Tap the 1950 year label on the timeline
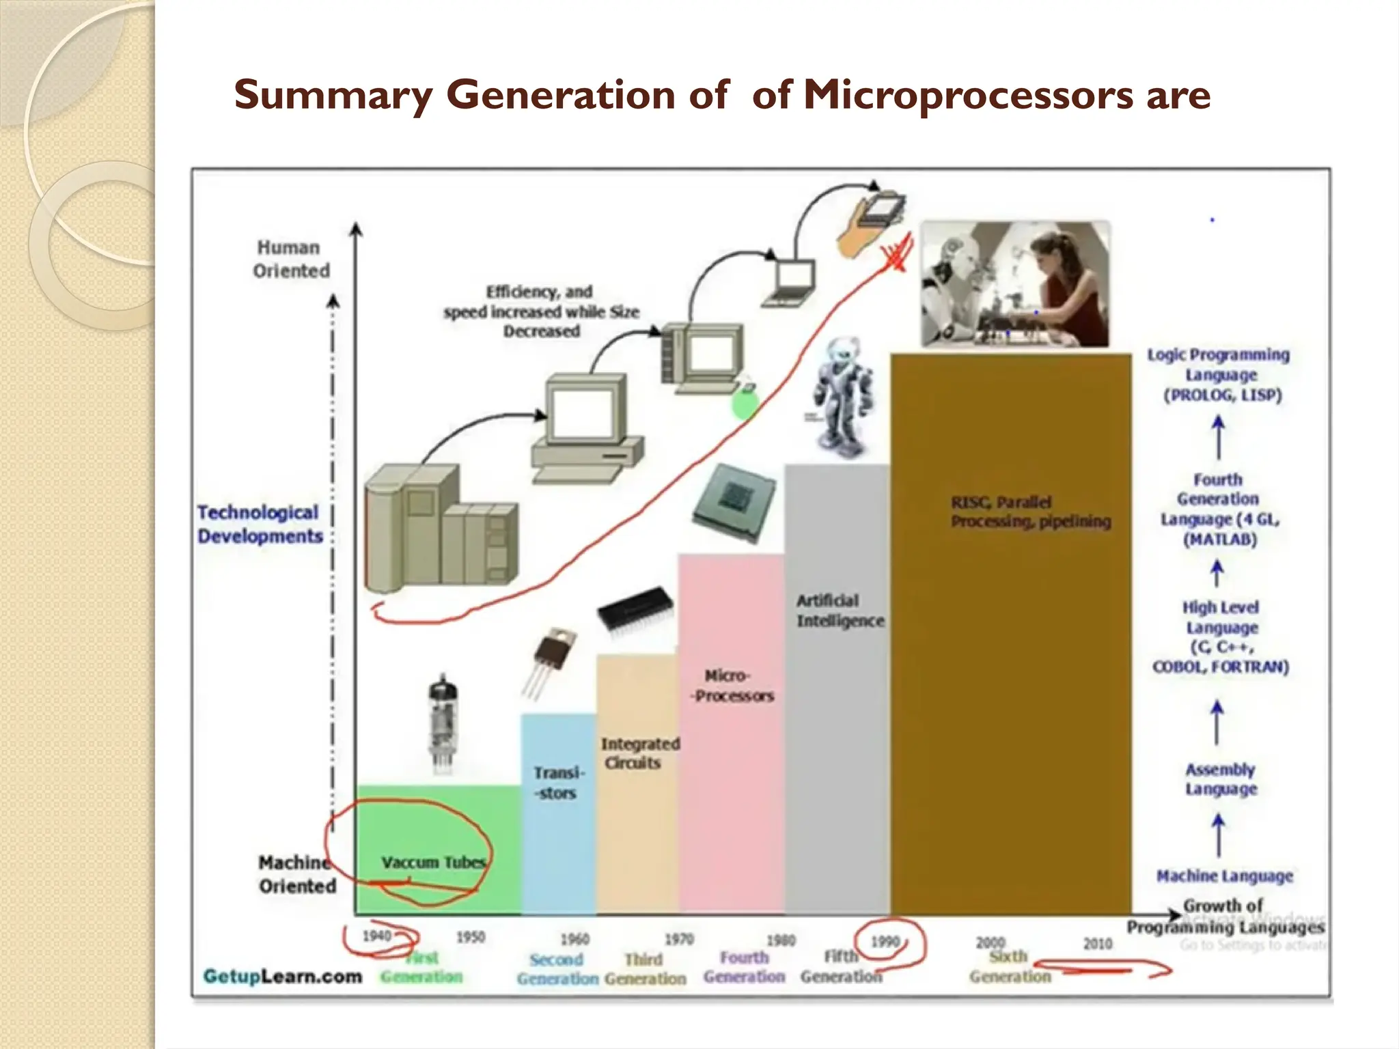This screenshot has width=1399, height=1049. tap(471, 937)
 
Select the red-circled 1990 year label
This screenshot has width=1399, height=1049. tap(885, 942)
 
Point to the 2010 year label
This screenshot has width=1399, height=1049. tap(1098, 944)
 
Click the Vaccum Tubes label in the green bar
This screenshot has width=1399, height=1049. tap(433, 863)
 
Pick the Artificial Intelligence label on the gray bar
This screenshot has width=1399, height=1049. tap(840, 611)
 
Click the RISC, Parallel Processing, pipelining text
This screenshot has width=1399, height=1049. tap(1031, 512)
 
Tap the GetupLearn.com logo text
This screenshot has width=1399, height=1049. tap(283, 976)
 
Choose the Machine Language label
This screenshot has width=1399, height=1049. tap(1224, 876)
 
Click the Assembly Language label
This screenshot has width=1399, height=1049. tap(1221, 779)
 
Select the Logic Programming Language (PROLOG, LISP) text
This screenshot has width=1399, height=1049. tap(1219, 375)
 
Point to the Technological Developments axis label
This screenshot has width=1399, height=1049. tap(260, 524)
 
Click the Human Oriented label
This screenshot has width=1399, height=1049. tap(291, 259)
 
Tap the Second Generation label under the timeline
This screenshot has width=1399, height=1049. tap(557, 969)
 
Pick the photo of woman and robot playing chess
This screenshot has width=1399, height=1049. tap(1015, 284)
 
